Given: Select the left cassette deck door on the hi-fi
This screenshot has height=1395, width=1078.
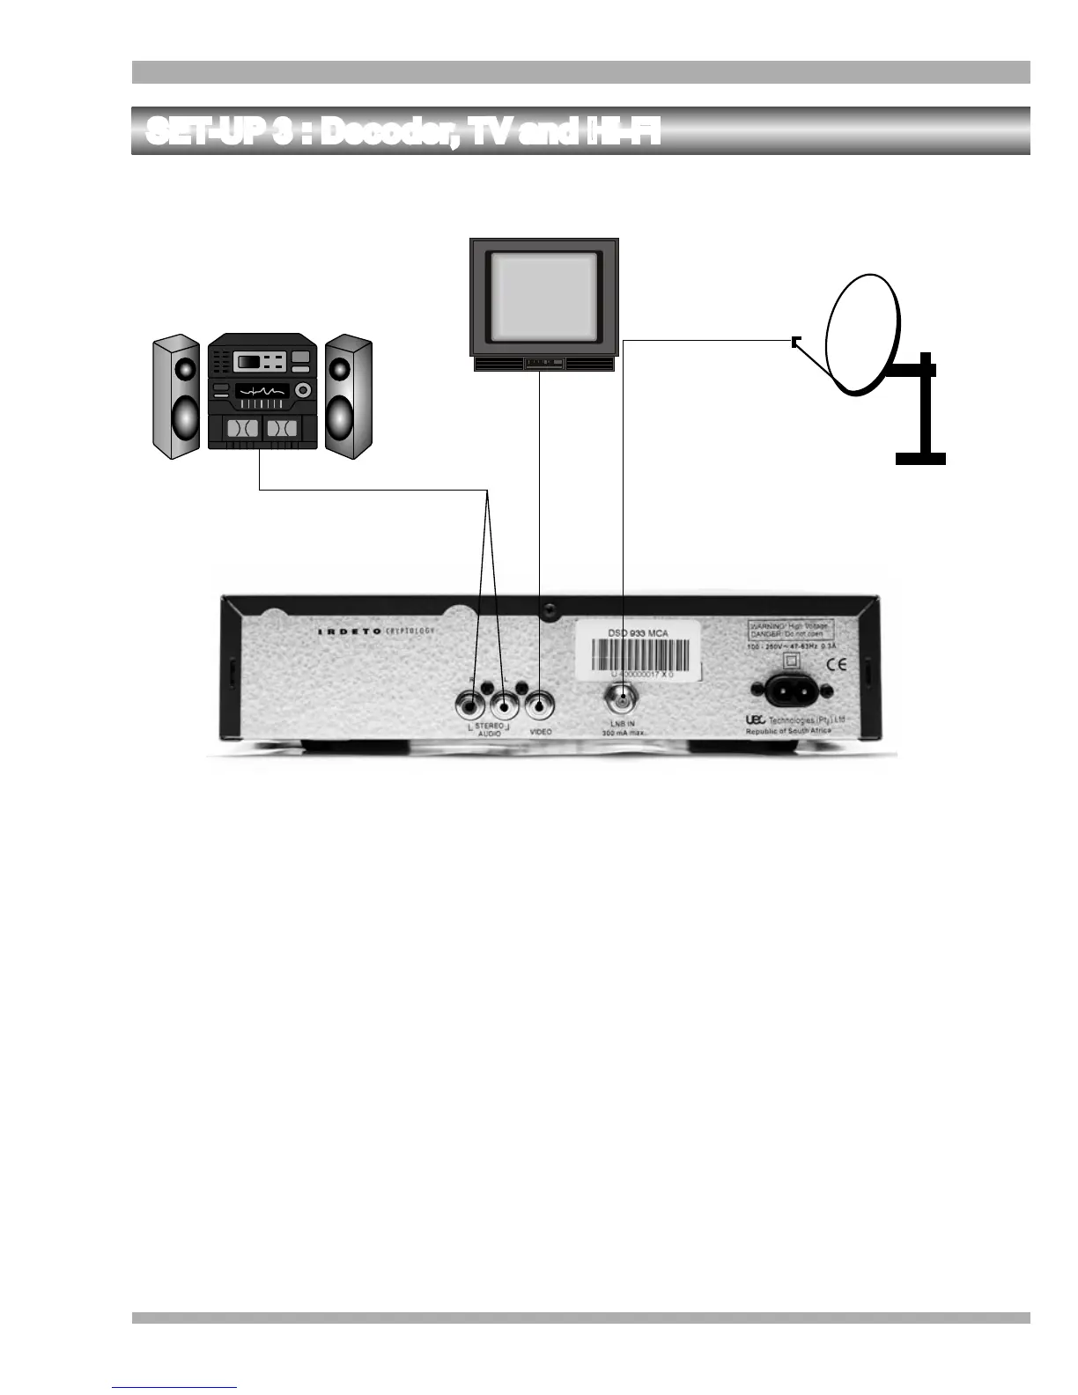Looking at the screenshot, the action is pyautogui.click(x=242, y=429).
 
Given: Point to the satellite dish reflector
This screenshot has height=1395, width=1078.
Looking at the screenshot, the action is pyautogui.click(x=863, y=335).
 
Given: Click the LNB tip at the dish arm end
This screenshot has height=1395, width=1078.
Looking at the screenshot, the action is pyautogui.click(x=796, y=342).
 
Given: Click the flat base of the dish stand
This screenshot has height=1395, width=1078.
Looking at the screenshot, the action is pyautogui.click(x=920, y=458).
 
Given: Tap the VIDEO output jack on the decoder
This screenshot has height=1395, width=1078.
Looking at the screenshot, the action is pyautogui.click(x=538, y=705).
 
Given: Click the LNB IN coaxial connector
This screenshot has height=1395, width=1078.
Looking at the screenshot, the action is pyautogui.click(x=622, y=701).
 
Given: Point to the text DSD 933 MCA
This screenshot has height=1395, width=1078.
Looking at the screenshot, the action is pyautogui.click(x=639, y=631).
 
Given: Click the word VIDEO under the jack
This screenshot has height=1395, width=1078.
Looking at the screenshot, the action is pyautogui.click(x=540, y=733).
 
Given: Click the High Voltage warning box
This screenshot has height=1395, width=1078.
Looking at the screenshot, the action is pyautogui.click(x=790, y=631).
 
